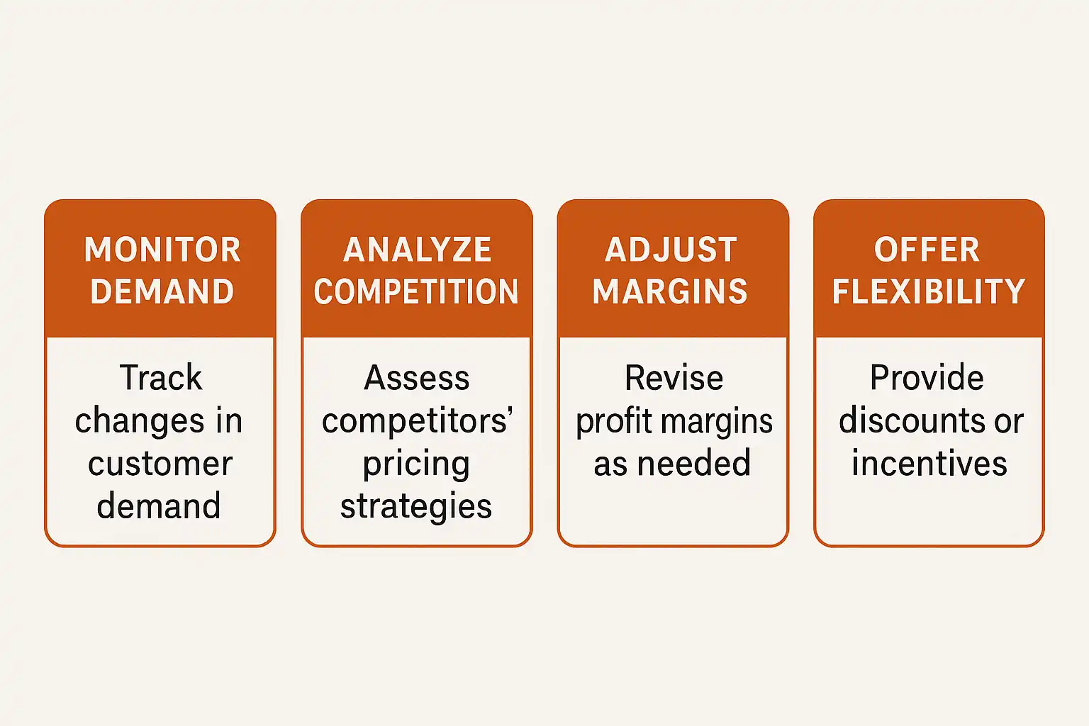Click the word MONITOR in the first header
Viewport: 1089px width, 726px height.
coord(162,250)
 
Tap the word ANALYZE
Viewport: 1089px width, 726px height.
coord(417,250)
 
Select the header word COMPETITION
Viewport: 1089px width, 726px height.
coord(416,291)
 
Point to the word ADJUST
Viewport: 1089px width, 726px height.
coord(671,250)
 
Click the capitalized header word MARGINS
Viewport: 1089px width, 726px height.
coord(670,291)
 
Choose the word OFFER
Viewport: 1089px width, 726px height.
coord(927,250)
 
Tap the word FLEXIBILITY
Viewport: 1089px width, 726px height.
coord(929,291)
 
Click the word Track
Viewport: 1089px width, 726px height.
coord(161,377)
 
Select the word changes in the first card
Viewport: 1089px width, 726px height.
coord(140,422)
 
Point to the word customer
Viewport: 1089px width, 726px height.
coord(160,464)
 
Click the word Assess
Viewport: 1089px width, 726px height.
coord(417,378)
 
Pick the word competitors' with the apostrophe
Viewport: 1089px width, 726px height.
coord(418,420)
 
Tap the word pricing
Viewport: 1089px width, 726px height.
coord(416,465)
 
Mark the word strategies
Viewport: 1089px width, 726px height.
coord(416,508)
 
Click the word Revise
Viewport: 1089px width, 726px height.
coord(674,378)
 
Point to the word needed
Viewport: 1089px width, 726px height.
coord(694,464)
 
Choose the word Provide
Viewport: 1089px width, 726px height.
coord(927,377)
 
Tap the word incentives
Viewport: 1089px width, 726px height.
coord(929,464)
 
